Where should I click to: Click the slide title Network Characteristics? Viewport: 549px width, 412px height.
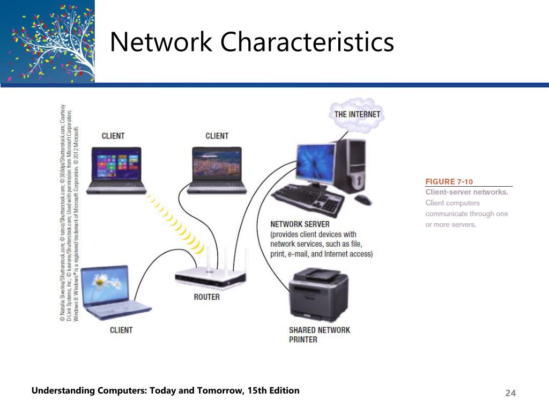[x=251, y=42]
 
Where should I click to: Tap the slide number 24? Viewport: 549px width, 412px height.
[x=510, y=394]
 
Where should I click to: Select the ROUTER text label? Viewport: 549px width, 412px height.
[x=206, y=297]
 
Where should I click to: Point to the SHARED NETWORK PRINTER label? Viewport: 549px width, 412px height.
[x=319, y=334]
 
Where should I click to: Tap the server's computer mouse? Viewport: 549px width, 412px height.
[x=363, y=200]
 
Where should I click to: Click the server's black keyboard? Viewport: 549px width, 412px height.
[x=308, y=199]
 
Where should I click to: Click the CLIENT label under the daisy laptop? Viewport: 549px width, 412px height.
[x=121, y=330]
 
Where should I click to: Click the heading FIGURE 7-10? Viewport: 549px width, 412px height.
[x=449, y=181]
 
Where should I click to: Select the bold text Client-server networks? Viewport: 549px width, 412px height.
[x=466, y=192]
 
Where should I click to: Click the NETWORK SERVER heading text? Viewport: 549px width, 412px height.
[x=300, y=224]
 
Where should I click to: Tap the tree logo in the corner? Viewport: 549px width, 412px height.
[x=47, y=41]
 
